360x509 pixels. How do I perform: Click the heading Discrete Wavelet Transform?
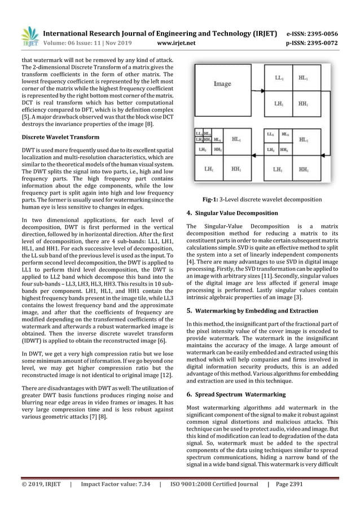(60, 137)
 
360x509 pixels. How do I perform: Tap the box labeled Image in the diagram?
(222, 84)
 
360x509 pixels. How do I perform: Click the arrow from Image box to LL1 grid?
(256, 84)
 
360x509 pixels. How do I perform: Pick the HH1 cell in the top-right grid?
(303, 104)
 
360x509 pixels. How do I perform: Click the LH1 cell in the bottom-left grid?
(206, 169)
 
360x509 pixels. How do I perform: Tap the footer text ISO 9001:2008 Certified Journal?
(213, 484)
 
